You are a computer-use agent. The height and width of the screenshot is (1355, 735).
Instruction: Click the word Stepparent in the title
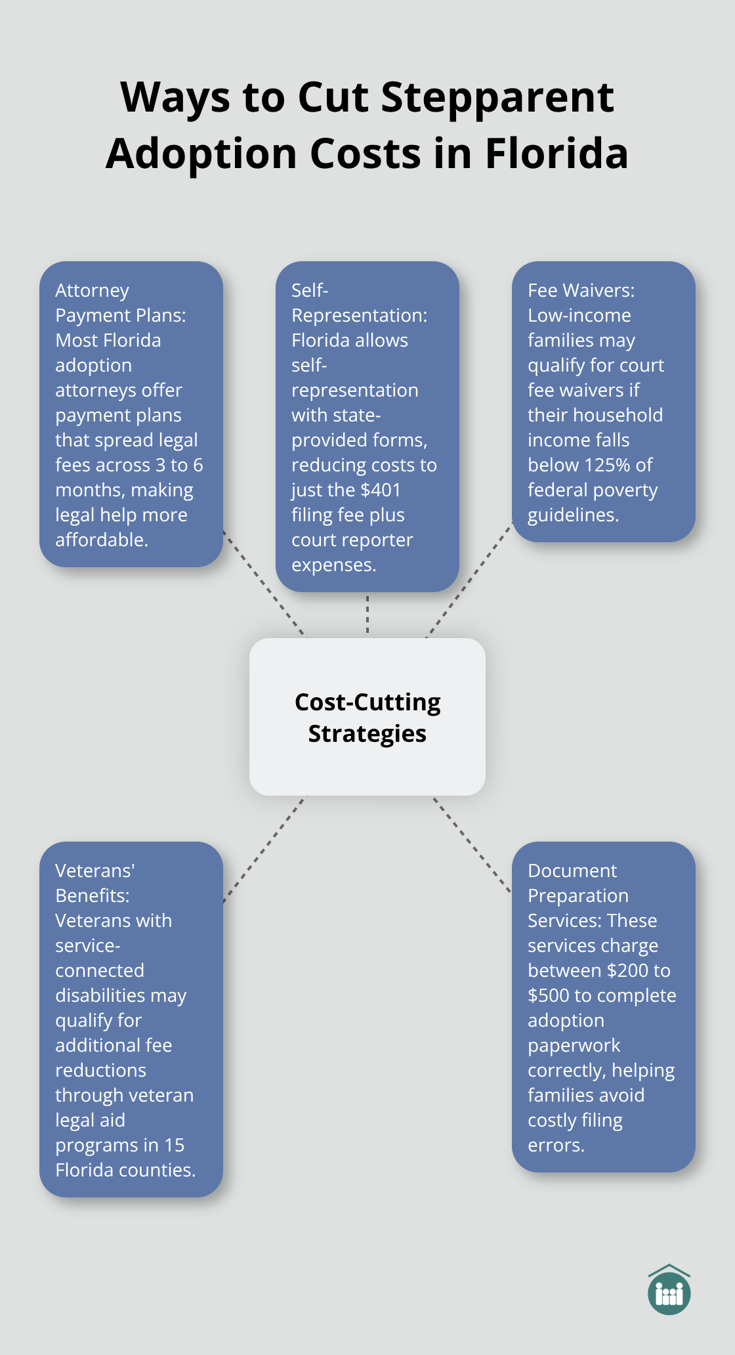coord(497,98)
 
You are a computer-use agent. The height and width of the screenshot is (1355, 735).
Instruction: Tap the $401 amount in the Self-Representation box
coord(381,490)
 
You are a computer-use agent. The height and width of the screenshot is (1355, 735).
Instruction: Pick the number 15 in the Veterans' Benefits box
coord(174,1145)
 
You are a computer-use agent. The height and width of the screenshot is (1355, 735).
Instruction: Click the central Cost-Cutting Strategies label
coord(367,717)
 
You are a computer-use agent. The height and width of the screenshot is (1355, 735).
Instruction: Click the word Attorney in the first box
coord(92,290)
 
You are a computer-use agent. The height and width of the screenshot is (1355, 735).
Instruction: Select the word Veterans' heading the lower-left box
coord(94,871)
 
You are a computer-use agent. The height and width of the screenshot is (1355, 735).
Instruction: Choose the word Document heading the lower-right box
coord(572,871)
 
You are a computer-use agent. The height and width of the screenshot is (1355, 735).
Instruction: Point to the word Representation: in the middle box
coord(359,315)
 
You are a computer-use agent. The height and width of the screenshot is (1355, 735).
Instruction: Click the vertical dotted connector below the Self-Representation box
coord(367,614)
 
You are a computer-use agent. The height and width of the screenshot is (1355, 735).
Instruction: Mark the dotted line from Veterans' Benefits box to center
coord(265,850)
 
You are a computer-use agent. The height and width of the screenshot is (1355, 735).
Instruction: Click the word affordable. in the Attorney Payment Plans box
coord(102,540)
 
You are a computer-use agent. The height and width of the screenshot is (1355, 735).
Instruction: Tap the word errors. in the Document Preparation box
coord(556,1145)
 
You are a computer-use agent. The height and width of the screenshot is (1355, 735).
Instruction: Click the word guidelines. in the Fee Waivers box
coord(573,515)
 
